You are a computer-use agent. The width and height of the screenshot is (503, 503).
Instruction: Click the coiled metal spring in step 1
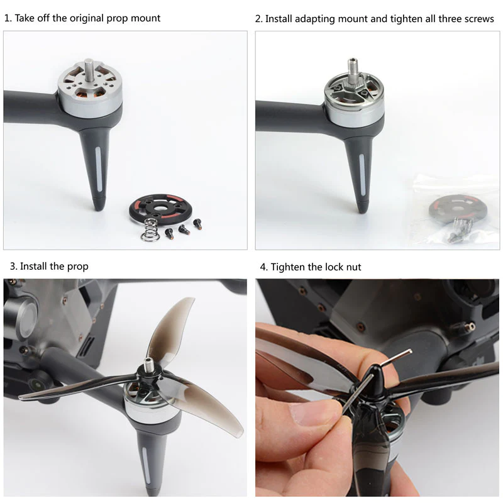click(150, 229)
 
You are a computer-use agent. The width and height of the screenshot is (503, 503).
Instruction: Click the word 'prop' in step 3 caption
click(77, 267)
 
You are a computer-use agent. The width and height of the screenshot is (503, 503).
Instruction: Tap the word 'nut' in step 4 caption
click(353, 267)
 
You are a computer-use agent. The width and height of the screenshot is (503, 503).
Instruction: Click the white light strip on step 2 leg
click(362, 174)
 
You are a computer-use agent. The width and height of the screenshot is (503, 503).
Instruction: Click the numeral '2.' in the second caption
click(259, 19)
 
